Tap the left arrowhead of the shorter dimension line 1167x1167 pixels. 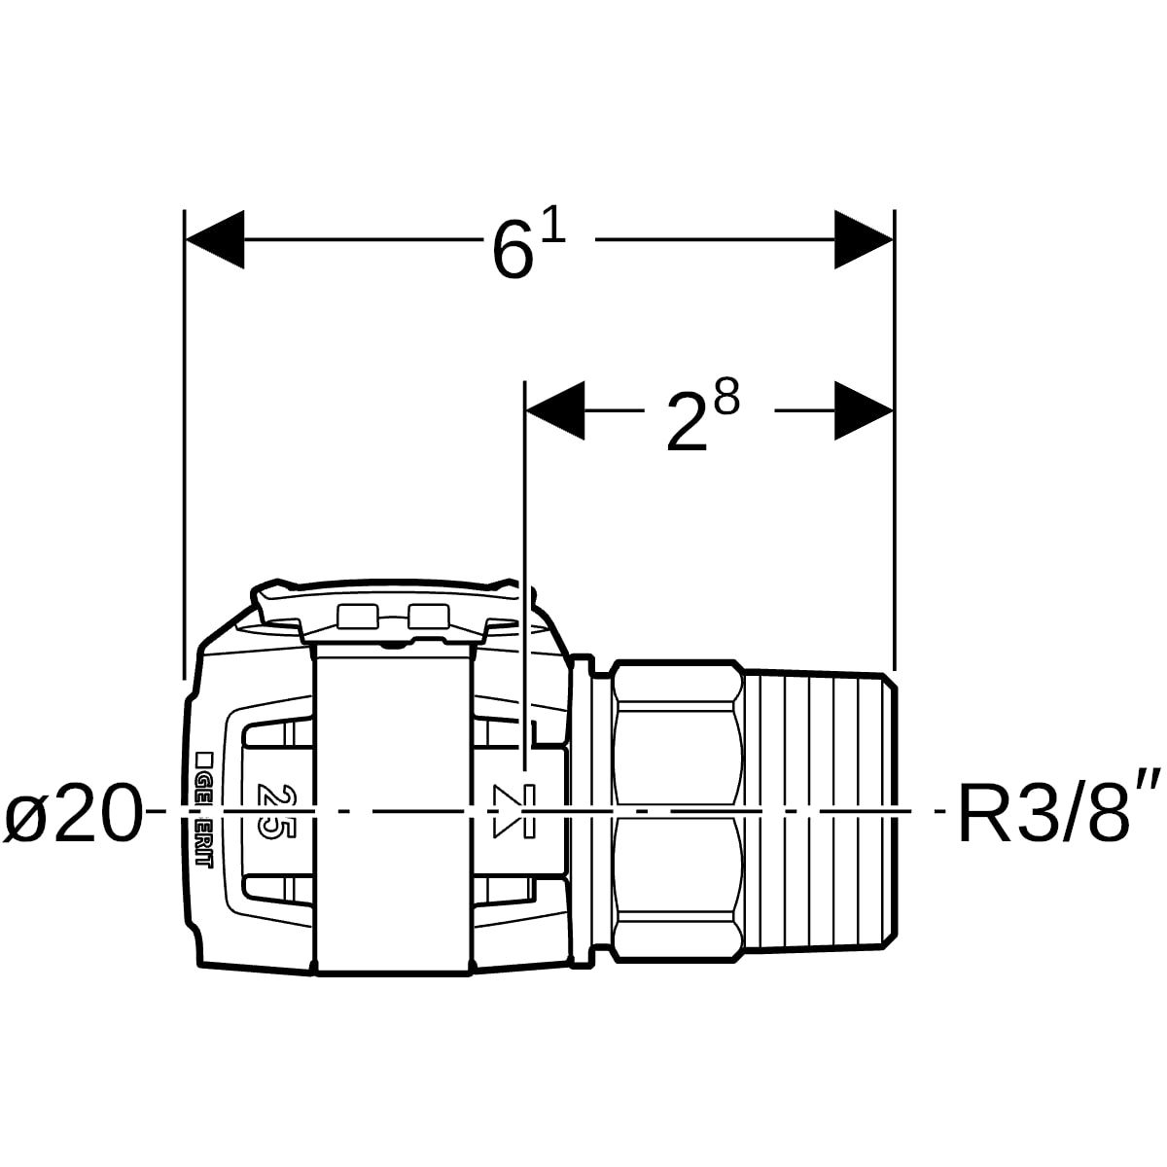pyautogui.click(x=554, y=409)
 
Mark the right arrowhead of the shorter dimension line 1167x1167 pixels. pyautogui.click(x=864, y=409)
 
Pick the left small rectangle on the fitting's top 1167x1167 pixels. pyautogui.click(x=356, y=615)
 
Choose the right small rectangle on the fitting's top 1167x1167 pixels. pyautogui.click(x=429, y=615)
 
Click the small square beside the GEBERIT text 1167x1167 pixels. pyautogui.click(x=204, y=758)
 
